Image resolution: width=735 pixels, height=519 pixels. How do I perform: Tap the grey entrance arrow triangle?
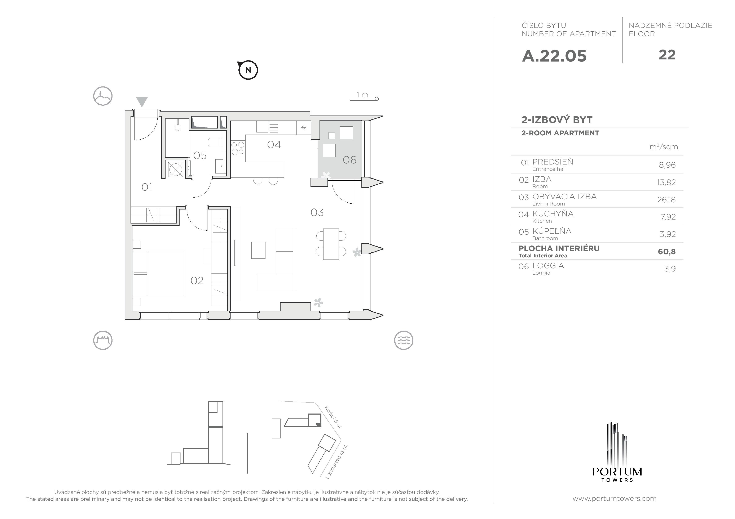[x=142, y=101]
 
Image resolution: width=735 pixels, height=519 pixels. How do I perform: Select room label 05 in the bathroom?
[x=200, y=156]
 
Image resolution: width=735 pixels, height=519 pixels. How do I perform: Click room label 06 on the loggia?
[x=349, y=160]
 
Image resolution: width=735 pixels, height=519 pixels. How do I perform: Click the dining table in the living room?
[x=331, y=244]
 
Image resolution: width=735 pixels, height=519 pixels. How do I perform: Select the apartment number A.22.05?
[x=554, y=56]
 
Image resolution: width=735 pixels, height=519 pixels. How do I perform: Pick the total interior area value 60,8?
[x=666, y=252]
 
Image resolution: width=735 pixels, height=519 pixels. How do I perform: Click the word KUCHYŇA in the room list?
[x=553, y=214]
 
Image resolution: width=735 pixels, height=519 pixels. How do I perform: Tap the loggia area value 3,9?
[x=670, y=269]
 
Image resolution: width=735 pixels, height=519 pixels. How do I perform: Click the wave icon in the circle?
[x=403, y=340]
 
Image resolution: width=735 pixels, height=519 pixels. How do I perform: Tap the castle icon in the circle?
[x=103, y=340]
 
